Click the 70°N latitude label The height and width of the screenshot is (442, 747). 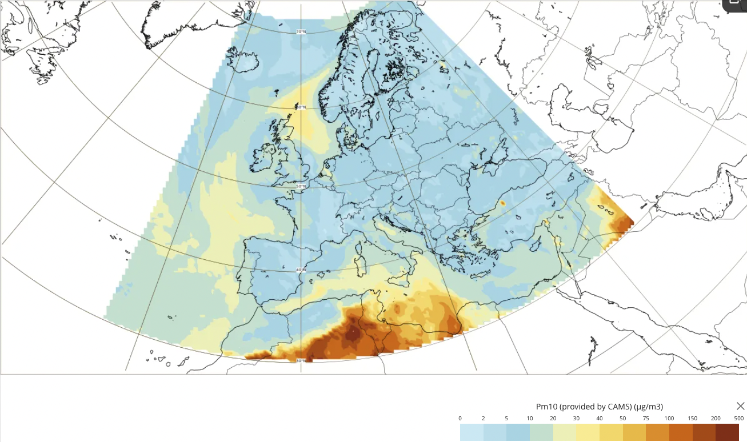301,31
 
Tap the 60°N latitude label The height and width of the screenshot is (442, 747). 301,107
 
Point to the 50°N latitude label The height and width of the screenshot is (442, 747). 301,186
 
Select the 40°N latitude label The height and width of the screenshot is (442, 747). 301,270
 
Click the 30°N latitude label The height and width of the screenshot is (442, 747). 301,360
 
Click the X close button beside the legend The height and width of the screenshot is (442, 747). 740,406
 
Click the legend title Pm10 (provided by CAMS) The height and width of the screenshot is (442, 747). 600,407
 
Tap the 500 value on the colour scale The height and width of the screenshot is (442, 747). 738,419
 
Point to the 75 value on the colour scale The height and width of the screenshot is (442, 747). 645,419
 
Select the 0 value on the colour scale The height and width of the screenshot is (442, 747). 460,419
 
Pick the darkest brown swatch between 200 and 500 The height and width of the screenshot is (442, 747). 727,432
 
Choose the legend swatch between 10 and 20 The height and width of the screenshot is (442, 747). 541,432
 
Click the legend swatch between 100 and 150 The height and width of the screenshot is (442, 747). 680,432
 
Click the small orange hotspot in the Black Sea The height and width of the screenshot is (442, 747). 503,203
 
